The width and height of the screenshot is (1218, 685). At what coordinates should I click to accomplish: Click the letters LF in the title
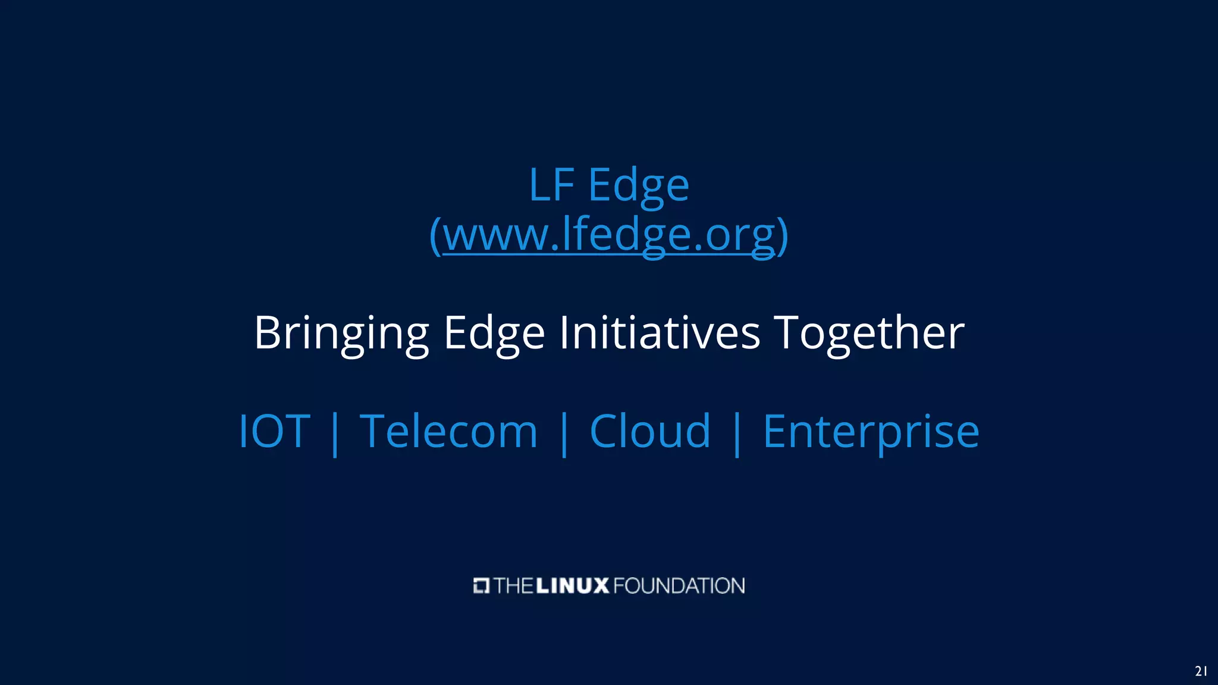pyautogui.click(x=551, y=186)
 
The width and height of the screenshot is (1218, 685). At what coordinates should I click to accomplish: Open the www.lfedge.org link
pyautogui.click(x=609, y=235)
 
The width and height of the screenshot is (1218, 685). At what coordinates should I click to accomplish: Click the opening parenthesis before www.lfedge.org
pyautogui.click(x=435, y=236)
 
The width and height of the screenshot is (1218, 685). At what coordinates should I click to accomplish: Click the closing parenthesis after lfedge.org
pyautogui.click(x=783, y=236)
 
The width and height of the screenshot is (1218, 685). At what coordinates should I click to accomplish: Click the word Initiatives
pyautogui.click(x=660, y=333)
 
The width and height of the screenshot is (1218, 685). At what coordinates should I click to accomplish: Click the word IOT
pyautogui.click(x=274, y=431)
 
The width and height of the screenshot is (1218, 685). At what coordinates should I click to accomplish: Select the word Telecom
pyautogui.click(x=449, y=431)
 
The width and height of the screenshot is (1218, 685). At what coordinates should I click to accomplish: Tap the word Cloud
pyautogui.click(x=650, y=431)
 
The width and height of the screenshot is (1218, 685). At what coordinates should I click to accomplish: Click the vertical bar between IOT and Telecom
pyautogui.click(x=335, y=433)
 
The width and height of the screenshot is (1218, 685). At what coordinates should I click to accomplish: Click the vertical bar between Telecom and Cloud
pyautogui.click(x=564, y=433)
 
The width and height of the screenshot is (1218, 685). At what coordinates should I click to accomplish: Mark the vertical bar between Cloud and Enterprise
pyautogui.click(x=737, y=433)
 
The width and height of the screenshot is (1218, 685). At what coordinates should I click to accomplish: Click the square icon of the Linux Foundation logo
pyautogui.click(x=481, y=586)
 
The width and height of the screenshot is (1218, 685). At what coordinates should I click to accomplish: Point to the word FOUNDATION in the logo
pyautogui.click(x=679, y=586)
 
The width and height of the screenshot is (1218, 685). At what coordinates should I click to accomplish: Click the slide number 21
pyautogui.click(x=1201, y=671)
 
